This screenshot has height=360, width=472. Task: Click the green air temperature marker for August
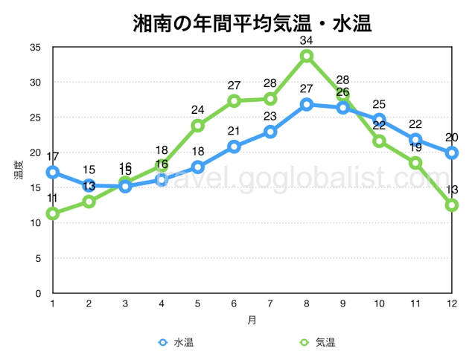(x=307, y=56)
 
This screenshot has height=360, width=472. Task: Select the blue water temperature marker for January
(x=52, y=172)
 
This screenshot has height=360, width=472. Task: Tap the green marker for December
(x=451, y=205)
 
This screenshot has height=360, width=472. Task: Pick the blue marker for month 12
(x=451, y=153)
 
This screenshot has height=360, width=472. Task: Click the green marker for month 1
(x=52, y=213)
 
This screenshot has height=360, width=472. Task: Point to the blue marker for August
(x=307, y=104)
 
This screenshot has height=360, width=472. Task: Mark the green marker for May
(x=198, y=126)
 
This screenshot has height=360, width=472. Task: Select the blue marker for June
(x=234, y=147)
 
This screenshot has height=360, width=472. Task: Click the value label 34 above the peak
(x=307, y=40)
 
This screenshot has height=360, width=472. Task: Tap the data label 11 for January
(x=52, y=199)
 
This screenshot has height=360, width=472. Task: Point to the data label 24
(x=198, y=110)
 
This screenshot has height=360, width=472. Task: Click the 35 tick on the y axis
(x=36, y=47)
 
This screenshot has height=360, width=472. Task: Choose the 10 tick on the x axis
(x=379, y=303)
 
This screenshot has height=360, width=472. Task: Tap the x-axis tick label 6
(x=234, y=303)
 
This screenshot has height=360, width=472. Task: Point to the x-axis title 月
(x=252, y=321)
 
